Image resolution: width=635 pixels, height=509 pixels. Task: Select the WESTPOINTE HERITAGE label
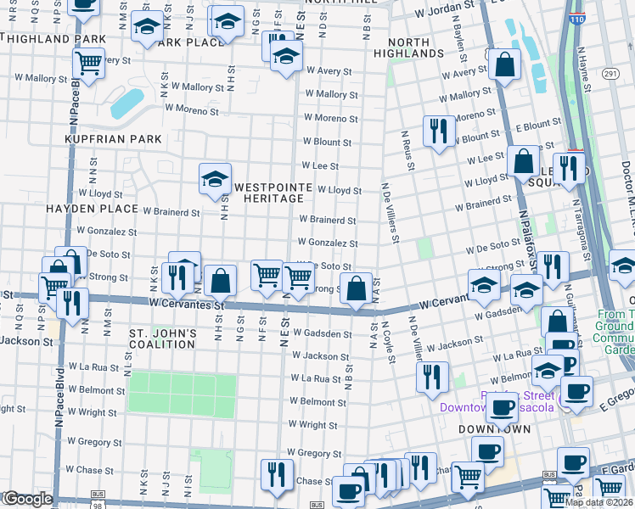(x=268, y=193)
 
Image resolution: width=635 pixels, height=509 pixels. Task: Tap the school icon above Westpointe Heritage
(x=215, y=178)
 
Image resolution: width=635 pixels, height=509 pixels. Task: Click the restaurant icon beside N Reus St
(x=438, y=130)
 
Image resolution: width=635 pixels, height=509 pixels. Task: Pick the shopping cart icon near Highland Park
(x=87, y=62)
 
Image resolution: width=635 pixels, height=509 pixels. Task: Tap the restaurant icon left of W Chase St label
(x=275, y=473)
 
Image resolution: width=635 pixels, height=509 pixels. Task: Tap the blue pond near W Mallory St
(x=126, y=103)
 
